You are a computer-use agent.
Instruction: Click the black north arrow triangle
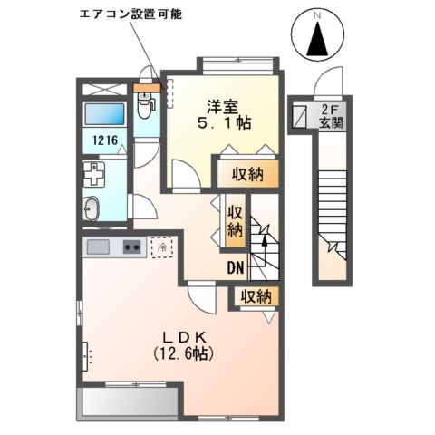coord(318,41)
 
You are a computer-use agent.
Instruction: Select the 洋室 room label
coord(225,103)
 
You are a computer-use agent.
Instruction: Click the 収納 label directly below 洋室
coord(246,174)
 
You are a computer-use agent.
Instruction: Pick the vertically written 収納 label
coord(235,220)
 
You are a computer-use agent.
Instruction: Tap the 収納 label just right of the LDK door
coord(255,296)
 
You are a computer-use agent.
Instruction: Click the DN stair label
coord(235,267)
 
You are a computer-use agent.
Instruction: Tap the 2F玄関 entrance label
coord(329,117)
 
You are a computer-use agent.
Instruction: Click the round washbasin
coord(92,208)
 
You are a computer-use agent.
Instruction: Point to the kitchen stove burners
coord(131,246)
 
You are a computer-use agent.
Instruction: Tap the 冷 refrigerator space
coord(161,246)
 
